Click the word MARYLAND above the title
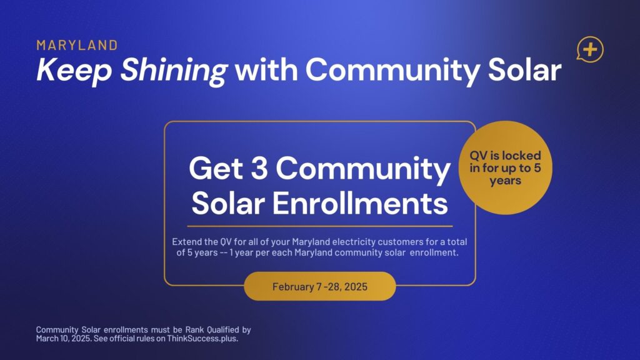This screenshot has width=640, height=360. (x=77, y=45)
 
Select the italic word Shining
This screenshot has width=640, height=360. (x=174, y=71)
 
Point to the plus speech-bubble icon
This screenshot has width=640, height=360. (x=590, y=49)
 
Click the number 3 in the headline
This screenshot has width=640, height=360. (x=259, y=168)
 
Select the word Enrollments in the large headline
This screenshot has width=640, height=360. (x=360, y=202)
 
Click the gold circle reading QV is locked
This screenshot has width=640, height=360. (x=505, y=167)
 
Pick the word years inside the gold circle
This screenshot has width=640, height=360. (x=505, y=181)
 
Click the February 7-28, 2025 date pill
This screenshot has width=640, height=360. (x=320, y=286)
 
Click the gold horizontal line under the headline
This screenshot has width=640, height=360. (x=320, y=226)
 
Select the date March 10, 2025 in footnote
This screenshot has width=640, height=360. (x=63, y=338)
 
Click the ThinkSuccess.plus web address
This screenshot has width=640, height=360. (x=202, y=338)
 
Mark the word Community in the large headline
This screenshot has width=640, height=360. (x=363, y=169)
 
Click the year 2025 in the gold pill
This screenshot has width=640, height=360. (x=356, y=286)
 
